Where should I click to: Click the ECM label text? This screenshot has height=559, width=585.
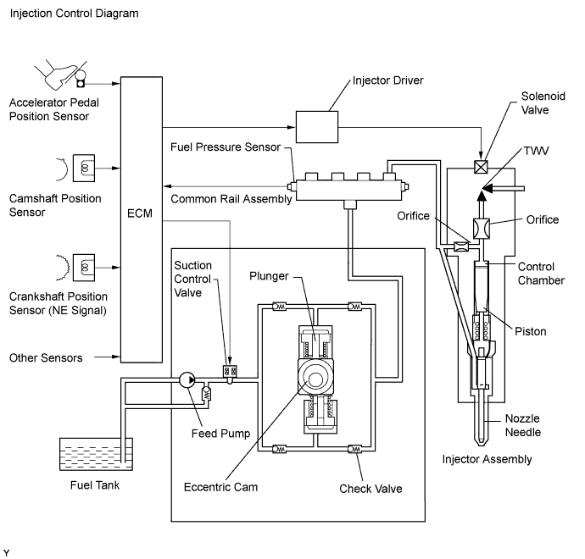coord(140,213)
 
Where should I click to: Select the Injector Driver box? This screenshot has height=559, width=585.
coord(317,127)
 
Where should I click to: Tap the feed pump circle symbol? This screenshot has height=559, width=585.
coord(187,379)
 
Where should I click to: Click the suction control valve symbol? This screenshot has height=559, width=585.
coord(230,372)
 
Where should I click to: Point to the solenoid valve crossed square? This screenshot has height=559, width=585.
coord(481,167)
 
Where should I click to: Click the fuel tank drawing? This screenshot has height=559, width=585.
coord(96,454)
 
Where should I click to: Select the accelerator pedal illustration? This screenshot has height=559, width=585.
coord(61,75)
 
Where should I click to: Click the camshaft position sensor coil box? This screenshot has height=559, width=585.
coord(84,168)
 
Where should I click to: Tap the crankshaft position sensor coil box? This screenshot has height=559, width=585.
coord(84,268)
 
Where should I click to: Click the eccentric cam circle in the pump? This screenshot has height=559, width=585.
coord(315,379)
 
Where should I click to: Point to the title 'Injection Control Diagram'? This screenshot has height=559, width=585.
coord(75,14)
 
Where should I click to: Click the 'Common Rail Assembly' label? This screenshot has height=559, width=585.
coord(231,199)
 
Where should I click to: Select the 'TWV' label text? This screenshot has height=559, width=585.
coord(536,151)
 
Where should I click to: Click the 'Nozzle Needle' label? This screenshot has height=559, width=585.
coord(523,425)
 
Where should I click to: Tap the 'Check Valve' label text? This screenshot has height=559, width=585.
coord(370,489)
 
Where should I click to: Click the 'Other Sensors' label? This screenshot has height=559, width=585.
coord(46,357)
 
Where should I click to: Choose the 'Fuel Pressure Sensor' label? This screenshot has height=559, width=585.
coord(226,147)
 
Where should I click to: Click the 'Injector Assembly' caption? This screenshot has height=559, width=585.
coord(487,460)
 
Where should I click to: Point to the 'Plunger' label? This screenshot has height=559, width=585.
coord(269,276)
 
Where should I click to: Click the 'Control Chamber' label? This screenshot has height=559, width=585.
coord(541,274)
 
